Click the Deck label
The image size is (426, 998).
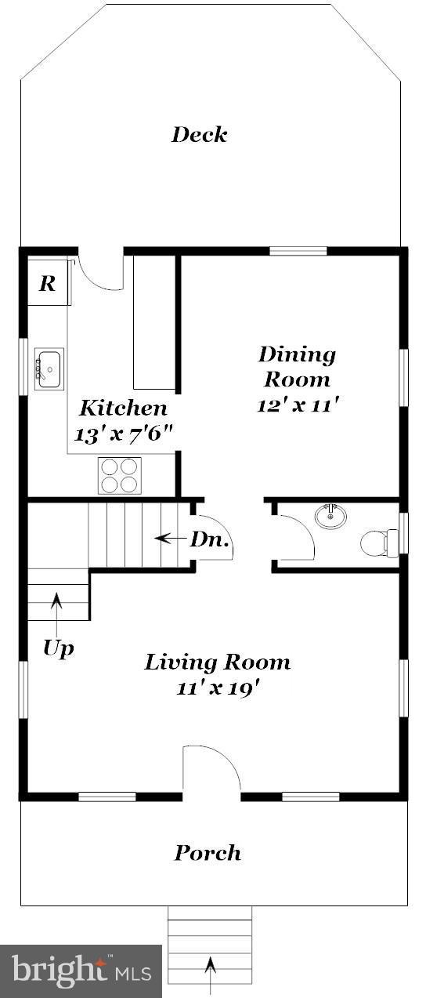click(200, 135)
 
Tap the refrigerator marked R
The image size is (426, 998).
click(49, 283)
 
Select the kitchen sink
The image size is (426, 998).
click(49, 368)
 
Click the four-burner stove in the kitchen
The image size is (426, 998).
click(119, 475)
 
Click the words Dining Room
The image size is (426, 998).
click(297, 367)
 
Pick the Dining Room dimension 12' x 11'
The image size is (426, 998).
click(297, 405)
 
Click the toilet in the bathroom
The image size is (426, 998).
click(379, 542)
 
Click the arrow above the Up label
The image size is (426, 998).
click(56, 609)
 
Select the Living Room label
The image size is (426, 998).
click(217, 662)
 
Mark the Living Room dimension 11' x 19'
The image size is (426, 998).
click(217, 689)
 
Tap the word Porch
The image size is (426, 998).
click(208, 853)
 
